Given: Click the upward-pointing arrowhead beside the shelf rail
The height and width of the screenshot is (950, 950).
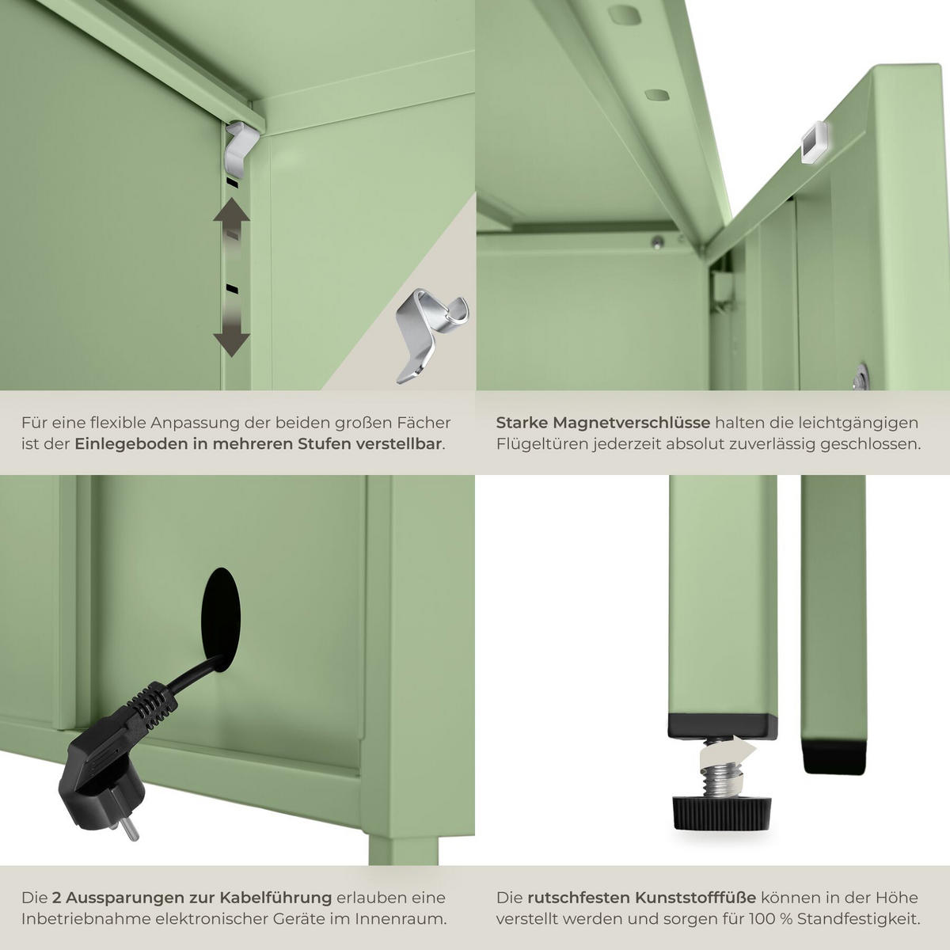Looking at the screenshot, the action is pos(231,211).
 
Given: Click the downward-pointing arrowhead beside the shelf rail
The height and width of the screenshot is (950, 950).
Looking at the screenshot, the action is pos(231,344).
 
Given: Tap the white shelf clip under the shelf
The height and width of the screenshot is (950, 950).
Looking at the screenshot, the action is pos(241,148).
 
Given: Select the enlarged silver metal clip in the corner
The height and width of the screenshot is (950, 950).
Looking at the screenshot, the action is pos(431,335).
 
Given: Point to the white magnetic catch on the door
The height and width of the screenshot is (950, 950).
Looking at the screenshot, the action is pos(814,142).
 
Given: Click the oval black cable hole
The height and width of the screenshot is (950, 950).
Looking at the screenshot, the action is pos(221,619).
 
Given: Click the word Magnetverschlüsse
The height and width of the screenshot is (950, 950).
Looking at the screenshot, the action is pos(633,423).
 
